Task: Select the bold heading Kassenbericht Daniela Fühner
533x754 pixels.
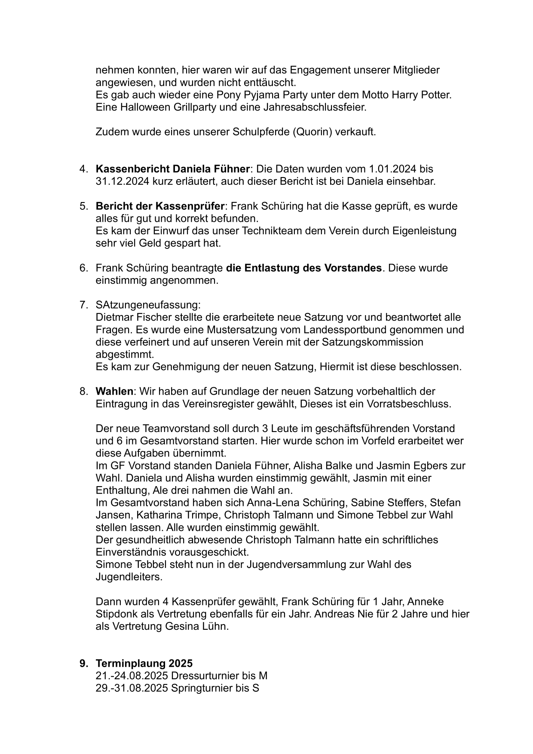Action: click(x=172, y=169)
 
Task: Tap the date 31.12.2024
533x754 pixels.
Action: click(x=123, y=181)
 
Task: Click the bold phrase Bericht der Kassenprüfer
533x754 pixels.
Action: click(x=160, y=206)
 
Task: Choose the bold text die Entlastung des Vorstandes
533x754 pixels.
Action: click(x=304, y=268)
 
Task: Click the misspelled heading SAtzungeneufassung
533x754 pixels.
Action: click(x=148, y=305)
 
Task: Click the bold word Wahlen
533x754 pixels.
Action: click(x=114, y=392)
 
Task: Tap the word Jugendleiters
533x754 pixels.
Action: click(x=129, y=577)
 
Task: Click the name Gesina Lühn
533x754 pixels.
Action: click(x=196, y=626)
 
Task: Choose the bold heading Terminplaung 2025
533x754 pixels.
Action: click(x=144, y=663)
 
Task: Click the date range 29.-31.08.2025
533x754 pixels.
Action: click(x=132, y=688)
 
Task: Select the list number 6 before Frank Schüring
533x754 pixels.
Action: click(x=83, y=268)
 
